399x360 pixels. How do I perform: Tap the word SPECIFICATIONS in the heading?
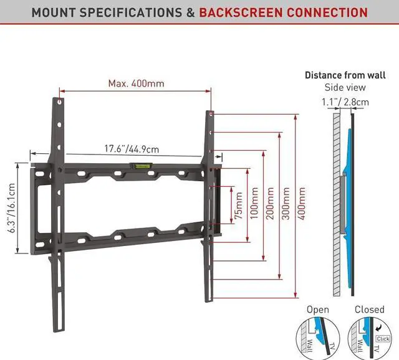pos(133,12)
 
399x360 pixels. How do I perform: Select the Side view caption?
pos(345,87)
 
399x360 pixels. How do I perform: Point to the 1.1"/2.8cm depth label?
pos(345,102)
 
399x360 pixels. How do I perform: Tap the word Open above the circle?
pos(317,310)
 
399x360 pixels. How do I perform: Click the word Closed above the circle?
pos(369,310)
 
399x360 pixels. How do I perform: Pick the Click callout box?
pos(383,338)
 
